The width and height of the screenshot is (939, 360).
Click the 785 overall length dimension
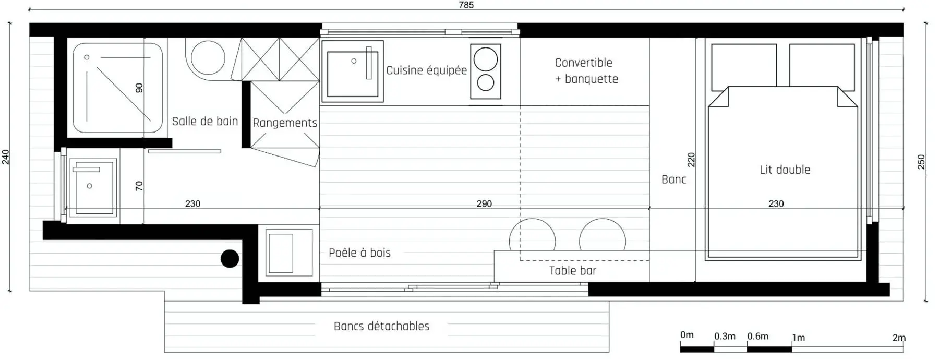[x=466, y=5]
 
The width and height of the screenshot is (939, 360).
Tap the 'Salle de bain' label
[x=204, y=122]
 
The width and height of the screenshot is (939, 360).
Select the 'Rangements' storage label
[x=285, y=123]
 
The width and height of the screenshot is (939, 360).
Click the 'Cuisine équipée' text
[x=426, y=70]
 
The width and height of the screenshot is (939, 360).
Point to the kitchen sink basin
[x=352, y=73]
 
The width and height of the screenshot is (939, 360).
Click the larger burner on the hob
[x=486, y=59]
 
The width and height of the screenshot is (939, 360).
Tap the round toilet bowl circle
[x=208, y=57]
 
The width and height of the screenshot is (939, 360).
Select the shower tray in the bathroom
[x=117, y=88]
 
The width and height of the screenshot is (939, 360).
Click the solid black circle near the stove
[x=230, y=258]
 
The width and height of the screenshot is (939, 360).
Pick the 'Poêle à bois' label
[x=359, y=253]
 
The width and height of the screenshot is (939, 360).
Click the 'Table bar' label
[x=572, y=271]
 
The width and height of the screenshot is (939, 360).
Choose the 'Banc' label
[x=673, y=179]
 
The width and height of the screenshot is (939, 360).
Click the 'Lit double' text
[x=785, y=170]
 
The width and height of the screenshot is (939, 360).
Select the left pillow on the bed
[x=744, y=65]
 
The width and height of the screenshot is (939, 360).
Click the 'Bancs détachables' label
[x=381, y=327]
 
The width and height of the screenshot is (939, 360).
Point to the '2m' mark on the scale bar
[x=898, y=338]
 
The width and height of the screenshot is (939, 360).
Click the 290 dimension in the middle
[x=484, y=203]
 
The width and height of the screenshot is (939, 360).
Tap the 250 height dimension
[x=921, y=162]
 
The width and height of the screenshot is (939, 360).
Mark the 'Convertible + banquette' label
[x=586, y=71]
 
